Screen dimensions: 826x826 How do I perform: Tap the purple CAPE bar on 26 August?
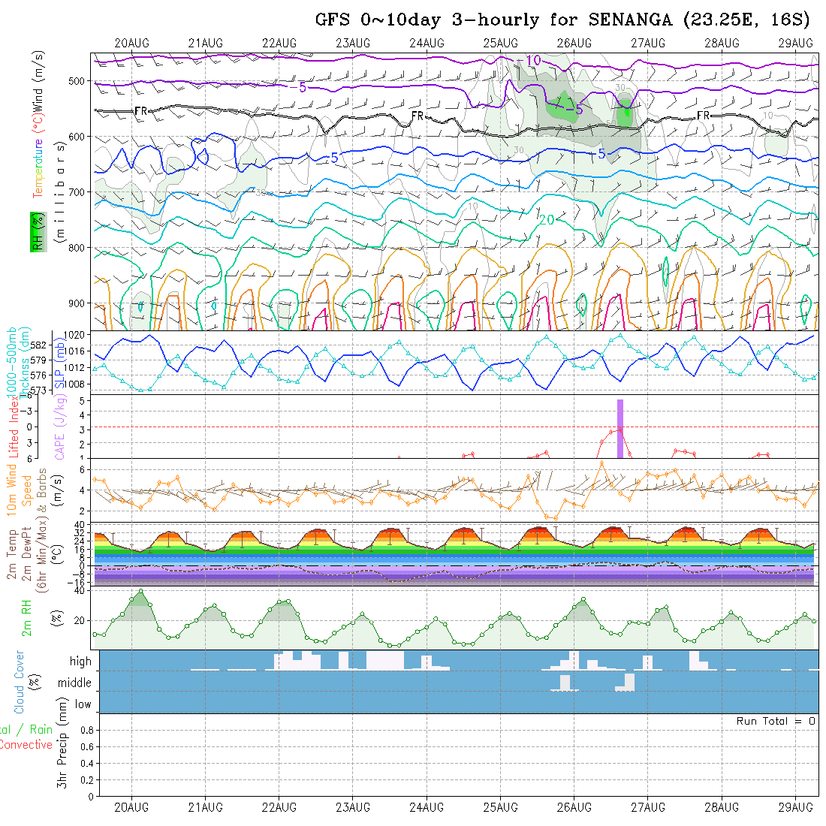[620, 428]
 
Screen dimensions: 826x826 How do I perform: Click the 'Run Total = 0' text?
[776, 721]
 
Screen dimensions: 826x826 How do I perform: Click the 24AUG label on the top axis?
[427, 43]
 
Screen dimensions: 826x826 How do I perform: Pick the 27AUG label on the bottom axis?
[647, 807]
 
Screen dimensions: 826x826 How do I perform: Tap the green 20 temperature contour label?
[547, 219]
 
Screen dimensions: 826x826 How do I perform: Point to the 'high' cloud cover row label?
[80, 662]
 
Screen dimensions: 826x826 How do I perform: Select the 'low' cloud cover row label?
[83, 704]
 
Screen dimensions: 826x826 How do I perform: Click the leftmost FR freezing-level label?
[140, 111]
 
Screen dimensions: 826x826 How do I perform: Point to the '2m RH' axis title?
[27, 620]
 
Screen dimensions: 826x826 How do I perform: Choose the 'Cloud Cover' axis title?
[20, 681]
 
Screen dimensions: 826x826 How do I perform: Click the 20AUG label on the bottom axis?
[131, 807]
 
